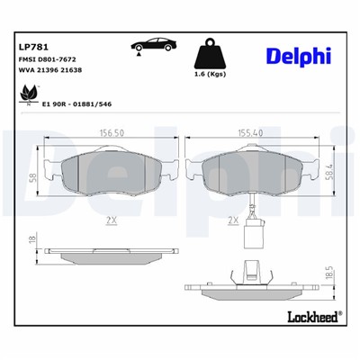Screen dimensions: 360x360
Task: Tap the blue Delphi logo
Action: click(x=298, y=56)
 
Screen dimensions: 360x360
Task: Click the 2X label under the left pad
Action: click(x=111, y=218)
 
